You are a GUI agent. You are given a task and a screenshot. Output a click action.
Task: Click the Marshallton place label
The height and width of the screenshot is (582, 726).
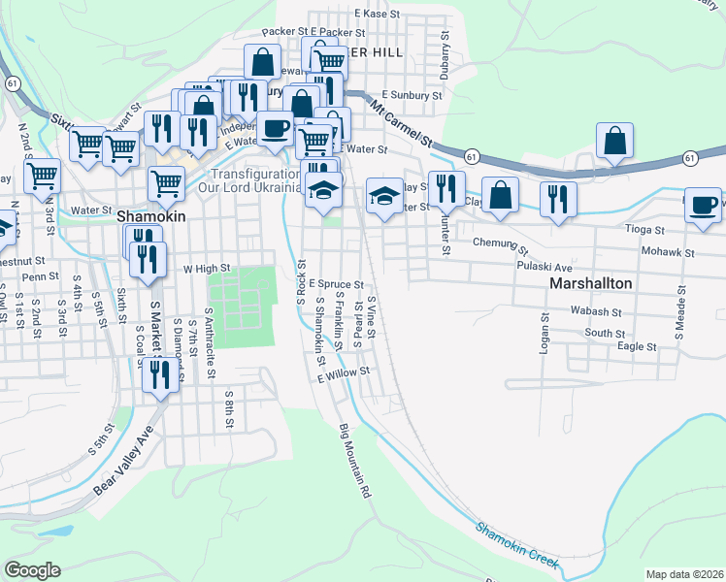[x=591, y=283]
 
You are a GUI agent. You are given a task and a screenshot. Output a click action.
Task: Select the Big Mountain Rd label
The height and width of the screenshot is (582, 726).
[x=355, y=461]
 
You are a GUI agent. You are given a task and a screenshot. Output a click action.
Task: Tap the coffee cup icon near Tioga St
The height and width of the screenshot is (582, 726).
[x=704, y=205]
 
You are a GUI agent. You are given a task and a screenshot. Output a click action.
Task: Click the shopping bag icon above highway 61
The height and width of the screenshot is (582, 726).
[x=615, y=141]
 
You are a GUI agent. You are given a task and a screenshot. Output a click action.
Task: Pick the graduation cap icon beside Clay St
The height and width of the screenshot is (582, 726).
[x=384, y=197]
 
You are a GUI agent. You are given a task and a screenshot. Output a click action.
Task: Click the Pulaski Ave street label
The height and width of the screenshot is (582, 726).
[x=544, y=264]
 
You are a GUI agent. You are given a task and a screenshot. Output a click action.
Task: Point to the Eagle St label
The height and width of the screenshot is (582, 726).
[x=637, y=345]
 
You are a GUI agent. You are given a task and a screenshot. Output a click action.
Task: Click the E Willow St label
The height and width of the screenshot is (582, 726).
[x=345, y=372]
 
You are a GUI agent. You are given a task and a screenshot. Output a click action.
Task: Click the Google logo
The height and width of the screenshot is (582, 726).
[x=32, y=570]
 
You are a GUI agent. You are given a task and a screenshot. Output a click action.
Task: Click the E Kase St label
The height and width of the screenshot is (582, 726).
[x=378, y=14]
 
